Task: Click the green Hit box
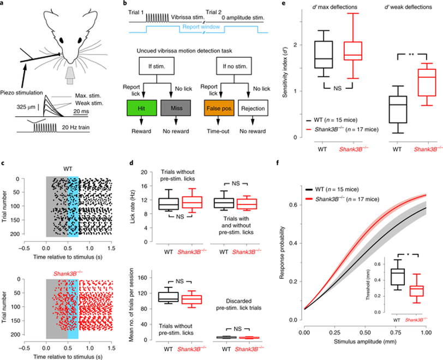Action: [x=141, y=108]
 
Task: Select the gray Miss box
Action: [x=176, y=108]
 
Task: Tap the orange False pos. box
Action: [x=219, y=108]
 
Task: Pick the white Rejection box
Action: [x=253, y=108]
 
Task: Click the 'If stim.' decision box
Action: [x=157, y=67]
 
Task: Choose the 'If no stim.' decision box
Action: [x=235, y=67]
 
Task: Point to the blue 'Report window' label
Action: [x=201, y=27]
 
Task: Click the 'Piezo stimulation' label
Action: [x=22, y=93]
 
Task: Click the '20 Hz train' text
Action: [x=76, y=128]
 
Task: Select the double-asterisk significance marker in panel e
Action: [x=411, y=54]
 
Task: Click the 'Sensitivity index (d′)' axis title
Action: [x=285, y=73]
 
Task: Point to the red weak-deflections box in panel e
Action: [x=427, y=82]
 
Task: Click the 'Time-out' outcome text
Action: [x=218, y=131]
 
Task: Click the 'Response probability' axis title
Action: [x=282, y=253]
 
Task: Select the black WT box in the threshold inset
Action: [x=398, y=277]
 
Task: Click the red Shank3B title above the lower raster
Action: [x=68, y=273]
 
